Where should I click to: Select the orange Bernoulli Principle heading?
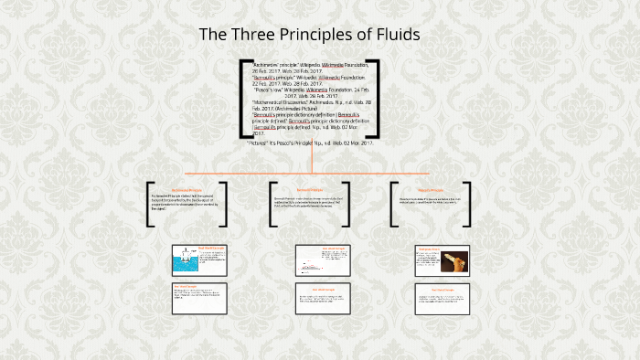coord(310,190)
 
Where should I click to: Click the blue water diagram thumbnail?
coord(186,264)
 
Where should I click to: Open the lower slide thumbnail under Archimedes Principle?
coord(199,299)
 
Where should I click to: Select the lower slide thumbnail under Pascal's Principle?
coord(442,299)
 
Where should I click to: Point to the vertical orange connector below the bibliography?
coord(312,158)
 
